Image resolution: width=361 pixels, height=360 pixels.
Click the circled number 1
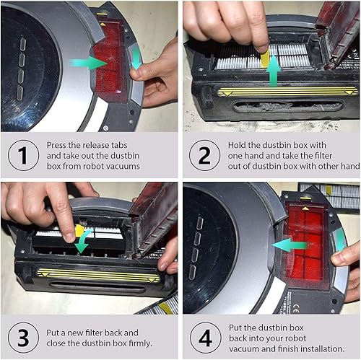[22, 156]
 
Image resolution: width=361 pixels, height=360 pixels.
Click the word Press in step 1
[59, 144]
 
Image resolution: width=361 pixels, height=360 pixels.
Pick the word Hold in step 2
[230, 144]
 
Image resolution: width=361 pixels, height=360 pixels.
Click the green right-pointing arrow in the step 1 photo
[86, 63]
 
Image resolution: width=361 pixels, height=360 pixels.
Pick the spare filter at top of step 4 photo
[328, 194]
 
